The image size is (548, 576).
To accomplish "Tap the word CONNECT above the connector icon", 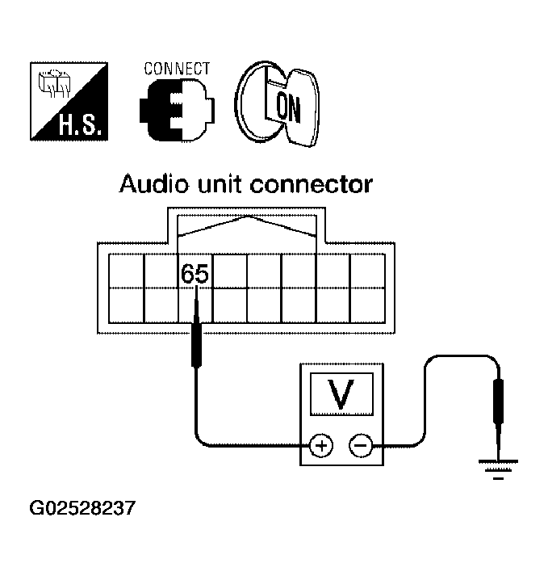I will (x=177, y=68).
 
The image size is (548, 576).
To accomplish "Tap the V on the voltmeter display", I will (x=342, y=393).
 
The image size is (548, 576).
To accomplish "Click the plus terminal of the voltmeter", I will (x=321, y=444).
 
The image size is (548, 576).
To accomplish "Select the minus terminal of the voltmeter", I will (x=360, y=444).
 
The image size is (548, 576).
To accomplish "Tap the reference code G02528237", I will (x=83, y=509).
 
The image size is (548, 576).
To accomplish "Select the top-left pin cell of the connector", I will (x=125, y=271).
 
